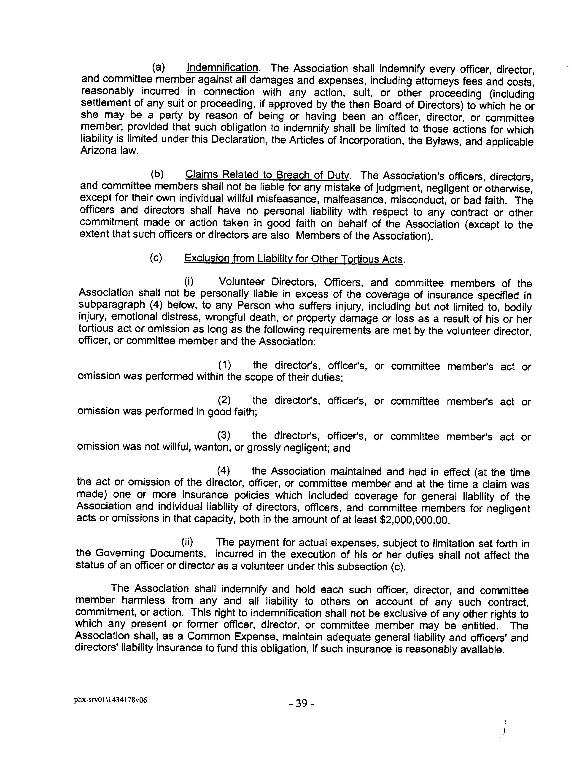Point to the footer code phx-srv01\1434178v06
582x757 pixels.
[110, 700]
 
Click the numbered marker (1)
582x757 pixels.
[224, 365]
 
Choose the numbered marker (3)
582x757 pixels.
[224, 435]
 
